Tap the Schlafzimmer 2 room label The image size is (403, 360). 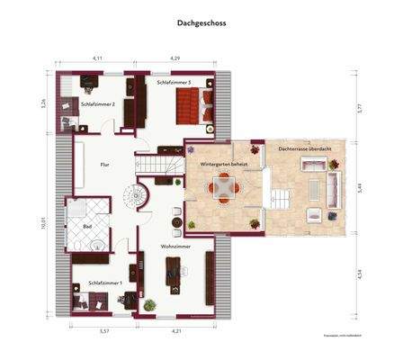click(96, 104)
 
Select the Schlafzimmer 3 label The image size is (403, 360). click(175, 83)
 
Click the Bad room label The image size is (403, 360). click(88, 227)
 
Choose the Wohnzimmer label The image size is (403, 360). click(176, 245)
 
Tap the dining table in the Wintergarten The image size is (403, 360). click(224, 188)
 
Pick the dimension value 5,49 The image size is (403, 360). click(358, 189)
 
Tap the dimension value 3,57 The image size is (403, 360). click(103, 331)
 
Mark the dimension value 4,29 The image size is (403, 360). click(176, 58)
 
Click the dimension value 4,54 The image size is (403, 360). click(358, 274)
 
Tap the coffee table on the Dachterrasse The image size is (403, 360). click(315, 214)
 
